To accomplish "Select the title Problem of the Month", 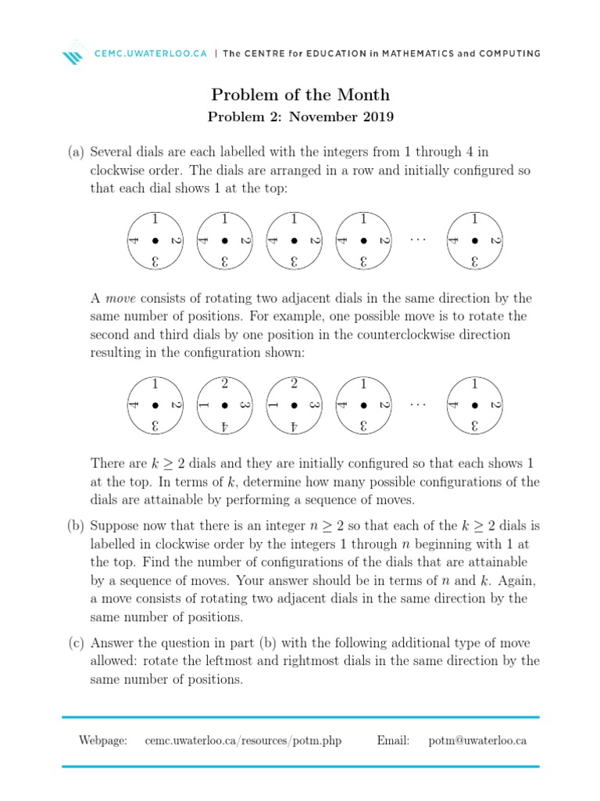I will click(x=300, y=95).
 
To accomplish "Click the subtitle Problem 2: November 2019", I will click(x=300, y=118).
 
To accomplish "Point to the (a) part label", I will click(x=76, y=151).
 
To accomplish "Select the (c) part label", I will click(x=76, y=643).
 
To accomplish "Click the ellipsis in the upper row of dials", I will click(x=419, y=239).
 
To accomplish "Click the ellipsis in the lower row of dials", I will click(x=419, y=404).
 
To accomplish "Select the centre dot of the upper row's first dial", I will click(x=155, y=240).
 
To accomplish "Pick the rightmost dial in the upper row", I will click(x=474, y=240).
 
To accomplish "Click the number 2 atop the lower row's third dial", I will click(x=295, y=383).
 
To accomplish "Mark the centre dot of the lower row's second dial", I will click(x=225, y=405).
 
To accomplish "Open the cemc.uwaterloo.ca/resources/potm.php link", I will click(x=243, y=740).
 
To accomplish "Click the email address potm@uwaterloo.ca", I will click(x=477, y=740).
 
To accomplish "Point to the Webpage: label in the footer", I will click(x=102, y=740).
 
